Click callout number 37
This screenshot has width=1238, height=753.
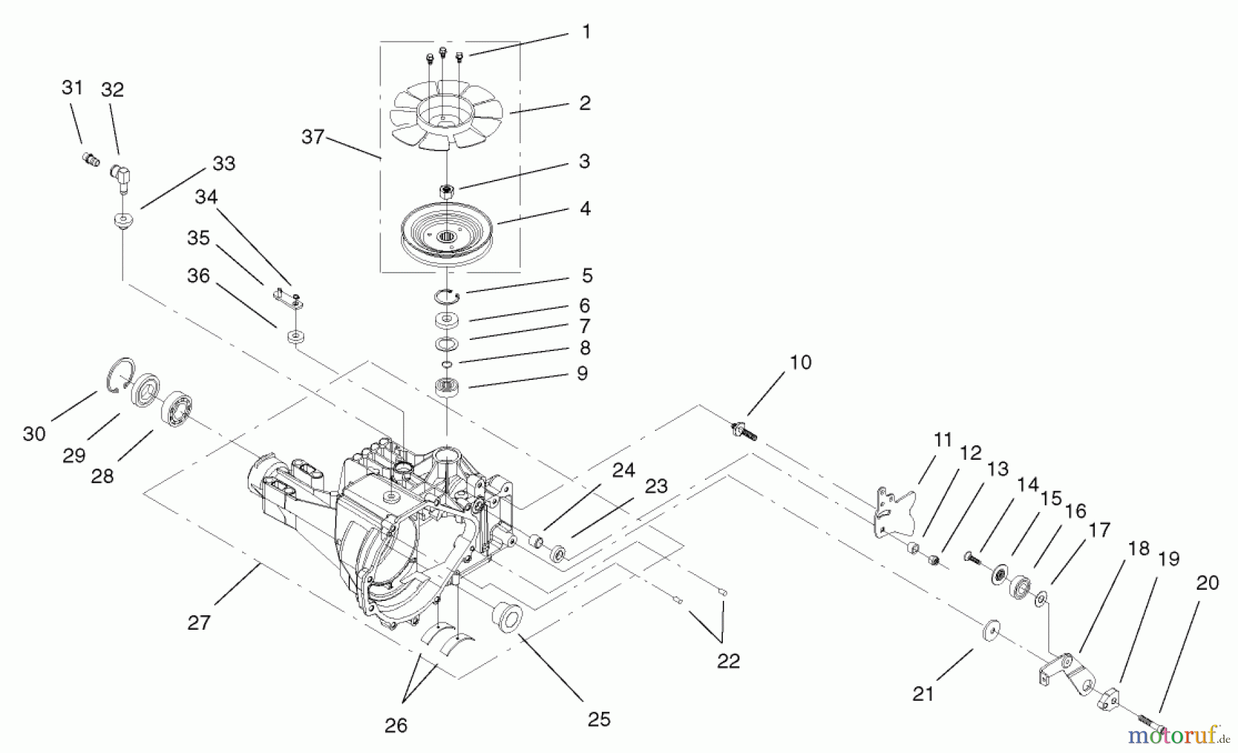pos(313,137)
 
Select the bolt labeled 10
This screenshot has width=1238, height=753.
pos(743,430)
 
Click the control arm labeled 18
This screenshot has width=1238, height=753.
pos(1065,671)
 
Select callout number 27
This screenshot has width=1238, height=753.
pos(199,623)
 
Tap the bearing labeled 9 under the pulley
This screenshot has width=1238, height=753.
pos(447,388)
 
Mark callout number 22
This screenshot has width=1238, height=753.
pos(728,661)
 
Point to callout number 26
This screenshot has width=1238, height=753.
pos(396,725)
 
